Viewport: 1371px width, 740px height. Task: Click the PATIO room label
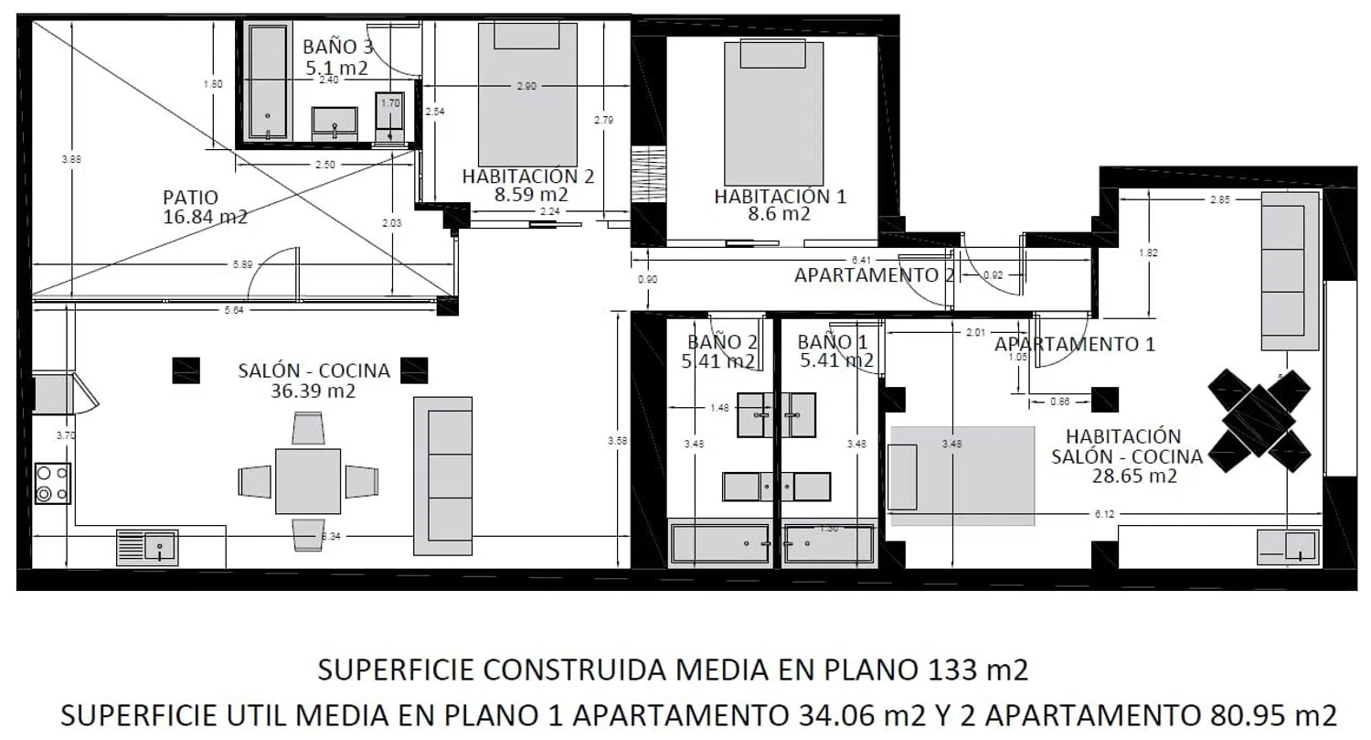(190, 198)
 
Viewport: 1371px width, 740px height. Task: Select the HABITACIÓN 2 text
(527, 176)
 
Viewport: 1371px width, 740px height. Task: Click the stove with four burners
(53, 483)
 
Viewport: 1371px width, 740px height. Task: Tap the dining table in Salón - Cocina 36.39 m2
(308, 481)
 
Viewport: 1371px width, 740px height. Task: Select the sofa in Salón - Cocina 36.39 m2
(443, 475)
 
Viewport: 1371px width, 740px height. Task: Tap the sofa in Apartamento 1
(1289, 271)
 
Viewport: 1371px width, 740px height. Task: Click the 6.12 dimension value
(1104, 514)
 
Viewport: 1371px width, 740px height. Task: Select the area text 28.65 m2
(1133, 477)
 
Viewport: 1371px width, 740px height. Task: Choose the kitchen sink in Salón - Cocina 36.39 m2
(148, 547)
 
